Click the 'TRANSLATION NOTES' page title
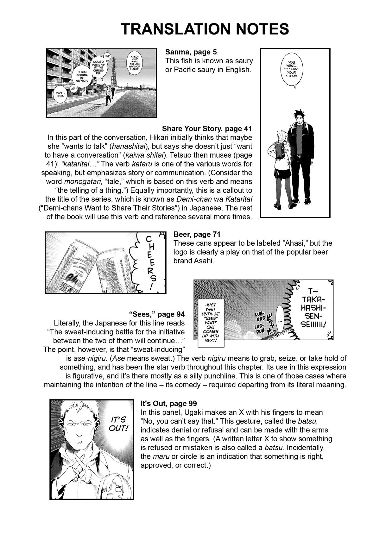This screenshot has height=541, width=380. click(x=205, y=29)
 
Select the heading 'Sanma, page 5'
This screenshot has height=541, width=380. click(x=191, y=52)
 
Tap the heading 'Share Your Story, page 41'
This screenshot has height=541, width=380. click(x=207, y=129)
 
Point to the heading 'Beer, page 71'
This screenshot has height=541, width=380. click(x=197, y=234)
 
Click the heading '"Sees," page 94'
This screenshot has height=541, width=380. click(x=156, y=314)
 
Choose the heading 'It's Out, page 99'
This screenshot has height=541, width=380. click(x=169, y=404)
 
